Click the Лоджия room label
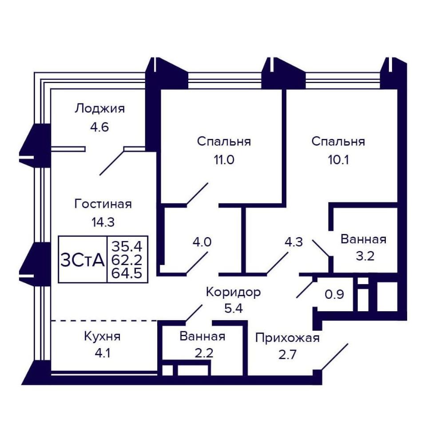pos(99,109)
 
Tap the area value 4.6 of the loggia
pos(99,127)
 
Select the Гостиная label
pos(103,204)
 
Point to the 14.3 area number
pos(103,222)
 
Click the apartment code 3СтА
pos(83,260)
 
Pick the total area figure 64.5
pos(127,273)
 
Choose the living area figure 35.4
pos(127,246)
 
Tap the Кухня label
pos(102,337)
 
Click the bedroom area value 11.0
pos(224,160)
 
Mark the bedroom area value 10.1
pos(338,160)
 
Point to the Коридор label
pos(234,293)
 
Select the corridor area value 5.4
pos(234,309)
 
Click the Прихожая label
pos(287,338)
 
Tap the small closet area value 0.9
pos(334,294)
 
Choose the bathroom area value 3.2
pos(365,256)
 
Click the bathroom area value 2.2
pos(204,353)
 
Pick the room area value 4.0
pos(202,242)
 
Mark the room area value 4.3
pos(293,242)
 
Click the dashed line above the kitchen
pos(104,321)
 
